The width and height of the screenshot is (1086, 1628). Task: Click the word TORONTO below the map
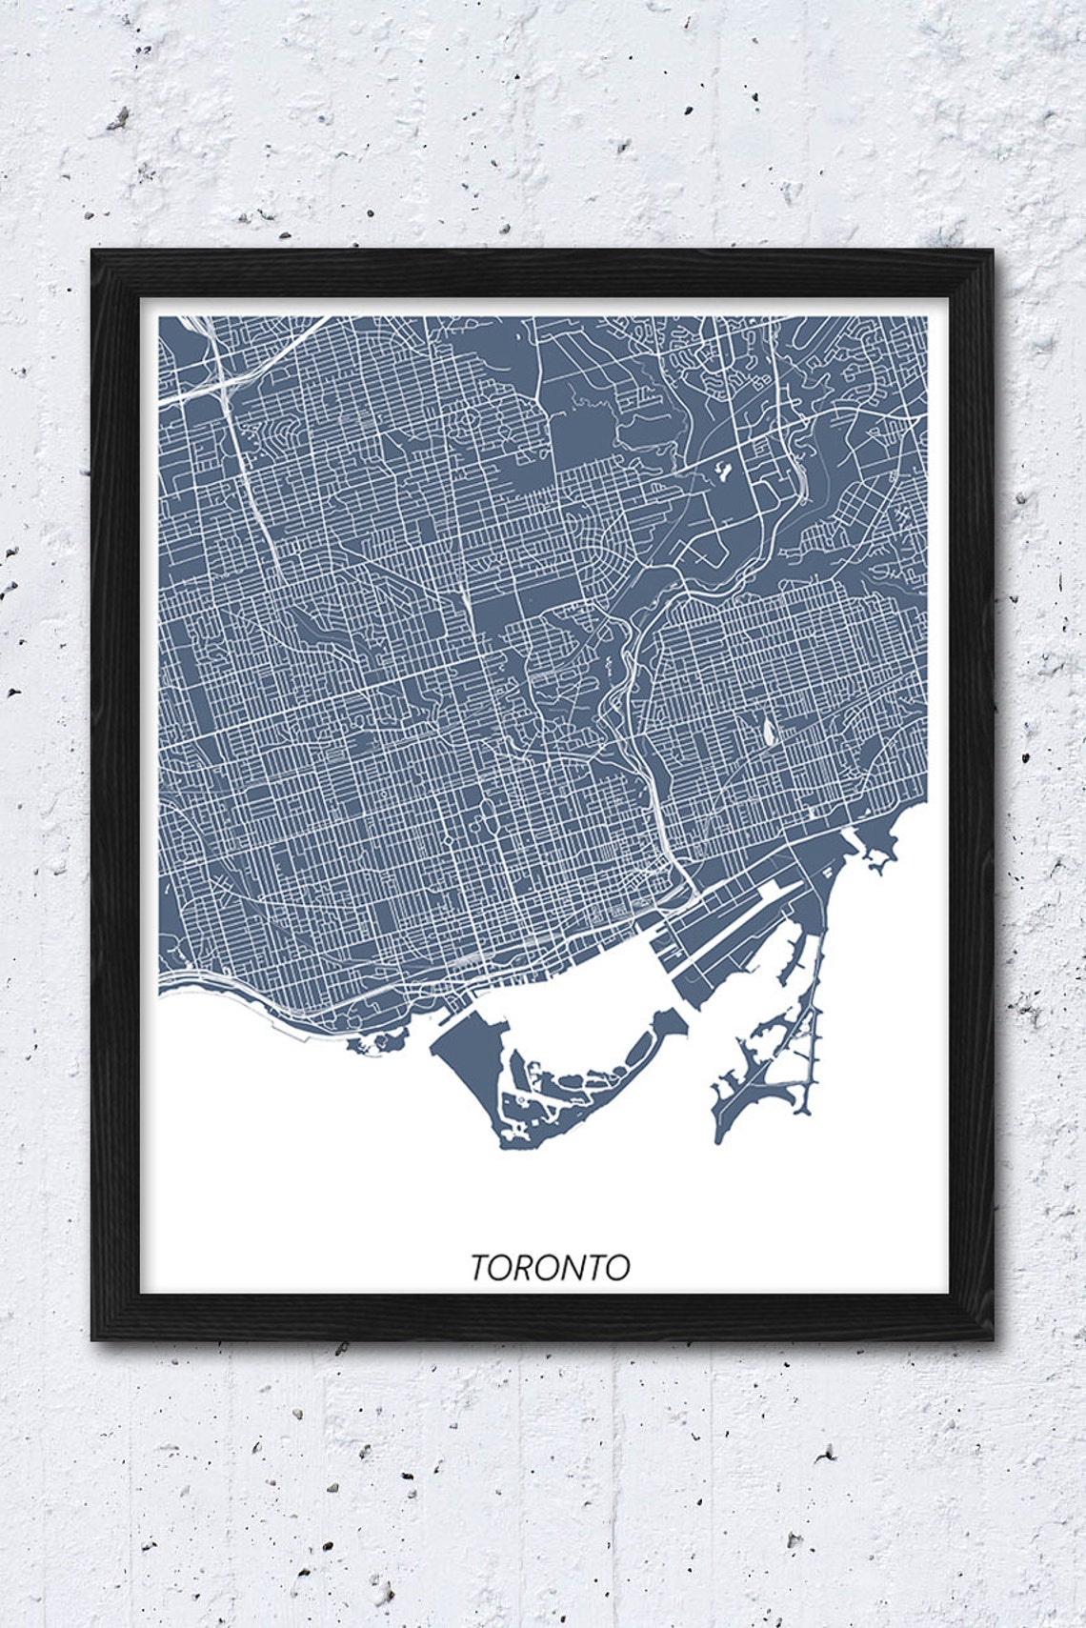click(x=550, y=1267)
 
